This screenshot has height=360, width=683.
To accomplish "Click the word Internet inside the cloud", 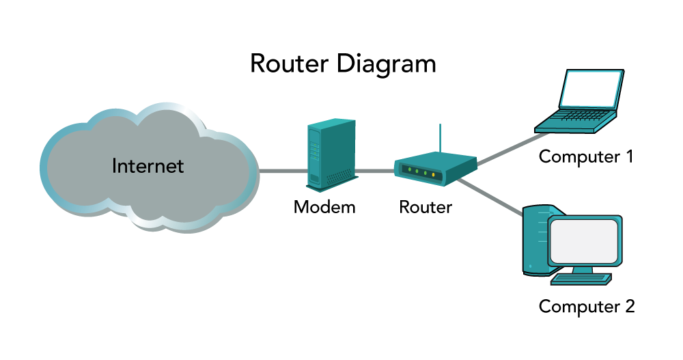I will coord(148,166).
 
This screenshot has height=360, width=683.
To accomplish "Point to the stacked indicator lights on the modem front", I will coord(314,143).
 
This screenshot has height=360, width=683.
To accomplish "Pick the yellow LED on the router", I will coord(408,169).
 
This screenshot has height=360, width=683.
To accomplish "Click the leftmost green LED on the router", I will coord(417,171).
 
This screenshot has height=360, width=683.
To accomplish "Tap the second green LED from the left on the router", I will coord(426,174).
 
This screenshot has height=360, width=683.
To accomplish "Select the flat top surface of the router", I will coord(437,158).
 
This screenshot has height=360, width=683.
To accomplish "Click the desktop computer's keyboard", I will coord(581,279).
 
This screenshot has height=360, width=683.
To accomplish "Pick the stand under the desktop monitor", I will coord(582,270).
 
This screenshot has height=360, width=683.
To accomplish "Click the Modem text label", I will coord(324,208).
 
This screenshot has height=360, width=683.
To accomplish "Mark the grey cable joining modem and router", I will coord(374,171).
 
